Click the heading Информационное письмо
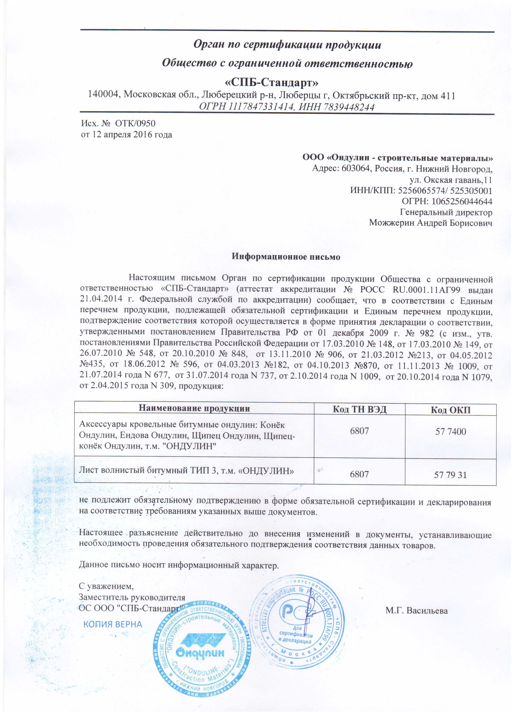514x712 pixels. (x=286, y=257)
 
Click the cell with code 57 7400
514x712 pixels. (x=451, y=432)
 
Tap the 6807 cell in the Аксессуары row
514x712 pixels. (x=360, y=431)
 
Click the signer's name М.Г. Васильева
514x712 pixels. (x=416, y=611)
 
